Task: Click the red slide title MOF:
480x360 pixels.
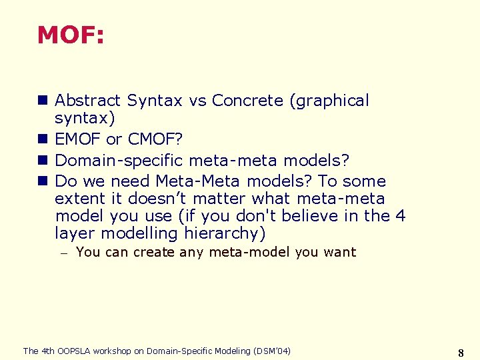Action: click(x=71, y=35)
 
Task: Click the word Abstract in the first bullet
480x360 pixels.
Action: click(x=87, y=101)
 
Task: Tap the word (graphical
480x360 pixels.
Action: click(x=329, y=101)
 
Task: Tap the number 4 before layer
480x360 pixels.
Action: click(x=400, y=216)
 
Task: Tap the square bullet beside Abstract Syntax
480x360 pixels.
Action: click(x=42, y=101)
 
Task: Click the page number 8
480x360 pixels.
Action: click(x=461, y=352)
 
